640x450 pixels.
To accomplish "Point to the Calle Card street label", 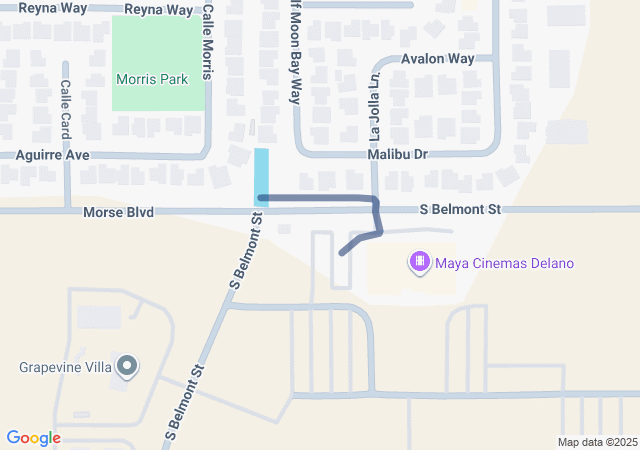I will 66,109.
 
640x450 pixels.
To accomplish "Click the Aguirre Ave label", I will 53,155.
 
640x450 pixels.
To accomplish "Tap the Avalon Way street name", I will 437,59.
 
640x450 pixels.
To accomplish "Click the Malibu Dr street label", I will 397,155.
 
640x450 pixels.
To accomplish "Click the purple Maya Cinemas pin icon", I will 420,263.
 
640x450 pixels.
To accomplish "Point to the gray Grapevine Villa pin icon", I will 126,367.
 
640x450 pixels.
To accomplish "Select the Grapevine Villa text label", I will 66,367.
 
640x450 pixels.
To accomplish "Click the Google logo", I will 34,438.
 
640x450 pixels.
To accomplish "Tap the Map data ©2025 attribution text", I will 597,442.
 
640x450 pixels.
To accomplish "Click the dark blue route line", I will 320,198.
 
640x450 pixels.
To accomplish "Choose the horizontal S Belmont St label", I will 460,210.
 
